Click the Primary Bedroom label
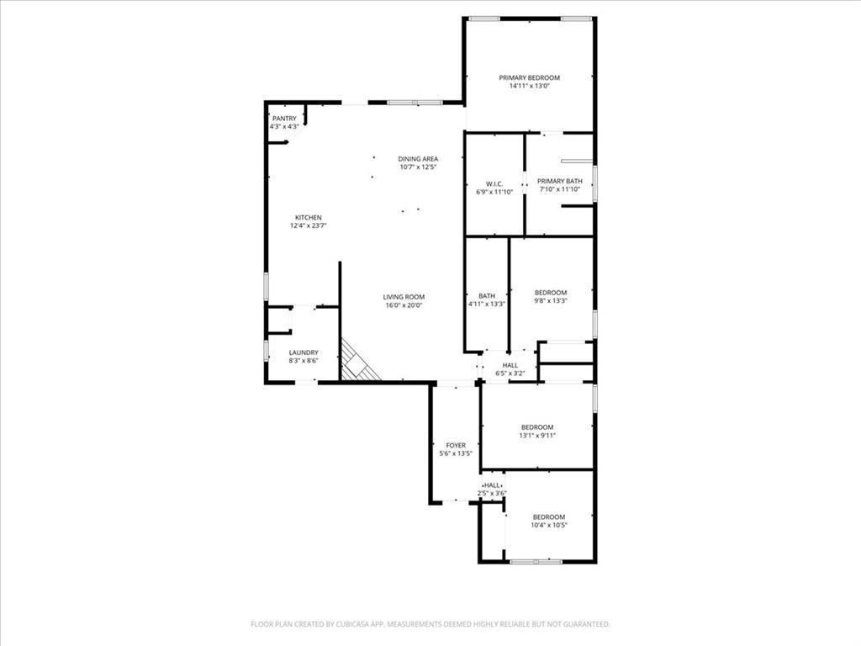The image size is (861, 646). pos(529,77)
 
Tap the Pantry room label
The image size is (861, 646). pos(284,119)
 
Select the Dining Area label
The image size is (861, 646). pos(418,159)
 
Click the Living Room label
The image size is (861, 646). pos(404,297)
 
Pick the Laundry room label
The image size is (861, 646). pos(303,352)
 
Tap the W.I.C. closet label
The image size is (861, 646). pos(494,183)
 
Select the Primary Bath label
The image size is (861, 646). pos(560,181)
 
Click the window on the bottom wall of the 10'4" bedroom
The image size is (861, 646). pos(536,561)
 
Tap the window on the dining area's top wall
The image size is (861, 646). pos(415,103)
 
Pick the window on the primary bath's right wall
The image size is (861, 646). pos(594,183)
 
